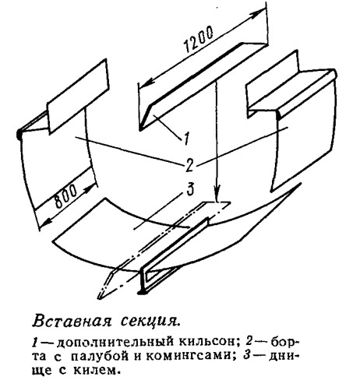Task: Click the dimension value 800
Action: [x=66, y=197]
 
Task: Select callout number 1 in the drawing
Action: [x=186, y=139]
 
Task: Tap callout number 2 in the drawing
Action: [x=189, y=165]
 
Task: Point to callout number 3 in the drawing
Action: [x=190, y=189]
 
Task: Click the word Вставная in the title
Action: [x=72, y=322]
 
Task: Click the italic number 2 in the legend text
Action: [x=249, y=342]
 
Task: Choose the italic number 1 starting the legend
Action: [x=35, y=342]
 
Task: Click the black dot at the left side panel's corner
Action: [x=19, y=134]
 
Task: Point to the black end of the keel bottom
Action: [x=141, y=292]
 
